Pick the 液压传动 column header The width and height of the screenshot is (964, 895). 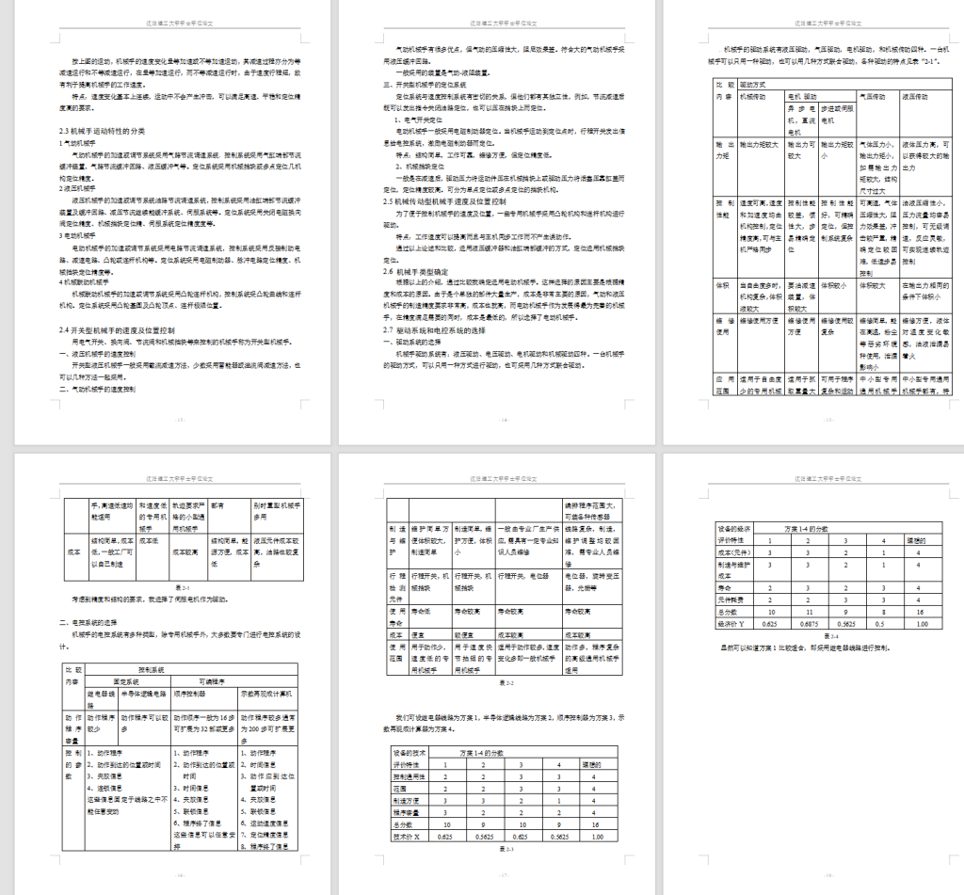tap(921, 96)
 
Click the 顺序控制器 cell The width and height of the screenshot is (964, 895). tap(192, 692)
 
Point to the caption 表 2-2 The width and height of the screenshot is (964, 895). tap(506, 681)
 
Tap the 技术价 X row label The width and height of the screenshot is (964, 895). tap(410, 835)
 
